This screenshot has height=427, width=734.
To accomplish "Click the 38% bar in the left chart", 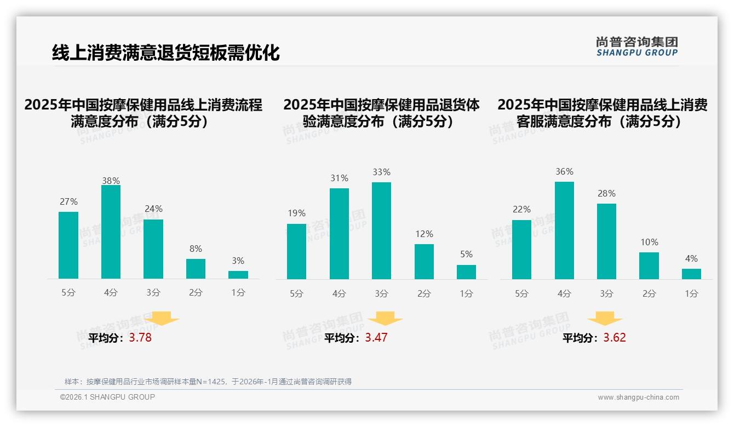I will pyautogui.click(x=111, y=232).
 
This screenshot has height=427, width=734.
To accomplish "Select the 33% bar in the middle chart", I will pyautogui.click(x=381, y=230).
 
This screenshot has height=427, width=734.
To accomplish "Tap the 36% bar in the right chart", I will pyautogui.click(x=564, y=230).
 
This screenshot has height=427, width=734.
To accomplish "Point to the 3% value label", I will pyautogui.click(x=238, y=261).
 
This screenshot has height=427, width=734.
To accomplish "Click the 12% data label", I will pyautogui.click(x=424, y=234).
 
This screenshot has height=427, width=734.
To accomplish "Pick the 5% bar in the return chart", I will pyautogui.click(x=466, y=272).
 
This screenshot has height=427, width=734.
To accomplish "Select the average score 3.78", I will pyautogui.click(x=140, y=338).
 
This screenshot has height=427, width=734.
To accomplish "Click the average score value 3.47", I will pyautogui.click(x=376, y=338).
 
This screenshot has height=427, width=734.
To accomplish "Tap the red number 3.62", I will pyautogui.click(x=615, y=338).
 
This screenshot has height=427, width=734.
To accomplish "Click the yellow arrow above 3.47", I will pyautogui.click(x=385, y=319).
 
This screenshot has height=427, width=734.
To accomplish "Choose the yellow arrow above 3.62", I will pyautogui.click(x=605, y=319).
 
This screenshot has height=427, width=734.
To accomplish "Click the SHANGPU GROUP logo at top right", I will pyautogui.click(x=636, y=47).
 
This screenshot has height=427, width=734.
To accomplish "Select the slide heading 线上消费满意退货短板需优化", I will pyautogui.click(x=165, y=53).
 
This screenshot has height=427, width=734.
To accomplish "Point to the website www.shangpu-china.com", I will pyautogui.click(x=638, y=397).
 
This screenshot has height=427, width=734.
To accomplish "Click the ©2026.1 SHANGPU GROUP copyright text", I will pyautogui.click(x=107, y=397).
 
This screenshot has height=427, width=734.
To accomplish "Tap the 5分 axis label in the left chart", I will pyautogui.click(x=68, y=293).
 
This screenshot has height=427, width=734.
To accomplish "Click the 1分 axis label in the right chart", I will pyautogui.click(x=691, y=293).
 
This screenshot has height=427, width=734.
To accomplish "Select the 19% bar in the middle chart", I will pyautogui.click(x=296, y=251).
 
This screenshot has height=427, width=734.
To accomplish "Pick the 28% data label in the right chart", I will pyautogui.click(x=606, y=194).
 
